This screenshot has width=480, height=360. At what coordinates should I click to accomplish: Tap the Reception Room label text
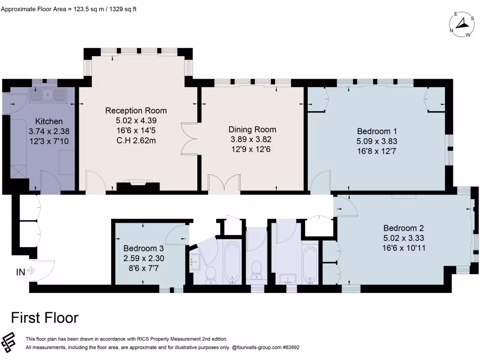[x=136, y=111]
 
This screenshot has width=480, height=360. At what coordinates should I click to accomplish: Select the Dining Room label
[x=252, y=129]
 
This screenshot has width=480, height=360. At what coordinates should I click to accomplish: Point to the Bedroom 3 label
[x=143, y=248]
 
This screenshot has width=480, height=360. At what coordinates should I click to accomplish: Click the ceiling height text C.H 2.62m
[x=136, y=140]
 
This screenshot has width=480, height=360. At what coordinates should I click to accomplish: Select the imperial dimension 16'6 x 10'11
[x=404, y=248]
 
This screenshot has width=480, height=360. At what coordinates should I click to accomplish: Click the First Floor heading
[x=45, y=318]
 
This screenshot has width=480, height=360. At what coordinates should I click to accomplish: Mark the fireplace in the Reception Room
[x=138, y=186]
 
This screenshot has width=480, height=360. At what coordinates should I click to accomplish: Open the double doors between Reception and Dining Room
[x=189, y=140]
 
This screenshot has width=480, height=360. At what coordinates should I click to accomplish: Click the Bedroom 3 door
[x=178, y=233]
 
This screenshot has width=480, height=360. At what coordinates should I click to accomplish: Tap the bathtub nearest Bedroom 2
[x=310, y=265]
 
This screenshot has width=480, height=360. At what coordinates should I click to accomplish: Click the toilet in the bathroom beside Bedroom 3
[x=210, y=274]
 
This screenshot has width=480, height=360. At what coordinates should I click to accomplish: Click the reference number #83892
[x=288, y=348]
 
